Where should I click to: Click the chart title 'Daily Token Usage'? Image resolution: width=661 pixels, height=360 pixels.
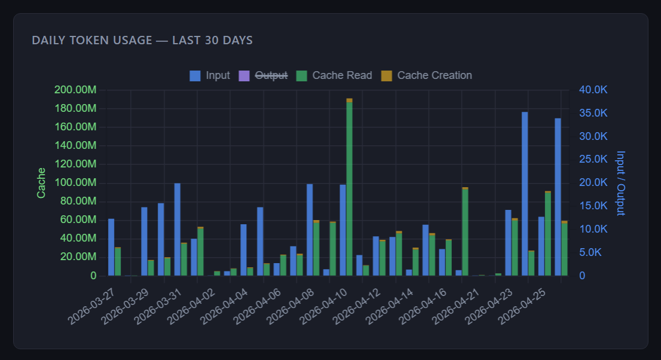pos(142,40)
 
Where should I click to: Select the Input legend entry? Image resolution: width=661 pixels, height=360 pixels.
pos(210,75)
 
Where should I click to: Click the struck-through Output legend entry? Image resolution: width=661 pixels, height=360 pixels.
pos(263,75)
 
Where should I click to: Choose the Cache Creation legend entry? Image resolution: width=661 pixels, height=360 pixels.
pos(426,75)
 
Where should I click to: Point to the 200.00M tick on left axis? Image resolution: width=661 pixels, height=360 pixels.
pos(75,90)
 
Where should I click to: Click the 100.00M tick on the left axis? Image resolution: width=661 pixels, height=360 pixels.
pos(75,183)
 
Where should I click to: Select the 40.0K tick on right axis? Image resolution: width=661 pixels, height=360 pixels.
pos(593,90)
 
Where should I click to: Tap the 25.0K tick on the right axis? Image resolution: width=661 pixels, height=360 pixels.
pos(593,160)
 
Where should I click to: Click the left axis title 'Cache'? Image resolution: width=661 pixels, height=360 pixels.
pos(41,183)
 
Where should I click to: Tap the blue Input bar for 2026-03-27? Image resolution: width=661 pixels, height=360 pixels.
pos(111,247)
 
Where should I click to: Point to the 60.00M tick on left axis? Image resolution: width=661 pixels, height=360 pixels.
pos(75,220)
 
